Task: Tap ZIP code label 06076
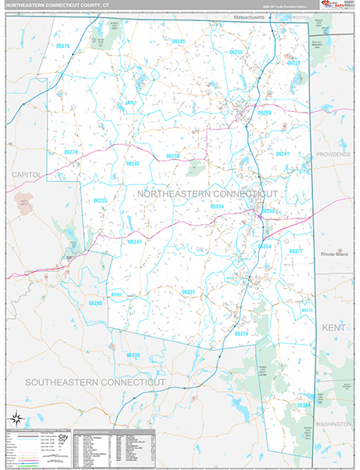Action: click(x=63, y=46)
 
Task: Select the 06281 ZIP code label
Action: click(x=178, y=41)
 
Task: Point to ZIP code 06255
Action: click(x=236, y=52)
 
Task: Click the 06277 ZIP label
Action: click(x=294, y=63)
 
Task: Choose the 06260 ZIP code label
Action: click(x=265, y=113)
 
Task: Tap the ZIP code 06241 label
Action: click(x=283, y=154)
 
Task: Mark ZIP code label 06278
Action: click(x=70, y=152)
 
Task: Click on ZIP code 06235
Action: click(x=100, y=201)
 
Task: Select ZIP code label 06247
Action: click(x=135, y=242)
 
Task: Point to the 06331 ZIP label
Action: click(x=189, y=291)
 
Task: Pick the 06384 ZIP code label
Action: click(x=304, y=405)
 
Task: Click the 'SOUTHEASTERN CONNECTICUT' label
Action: click(x=95, y=381)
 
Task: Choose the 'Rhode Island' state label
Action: click(x=337, y=255)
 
